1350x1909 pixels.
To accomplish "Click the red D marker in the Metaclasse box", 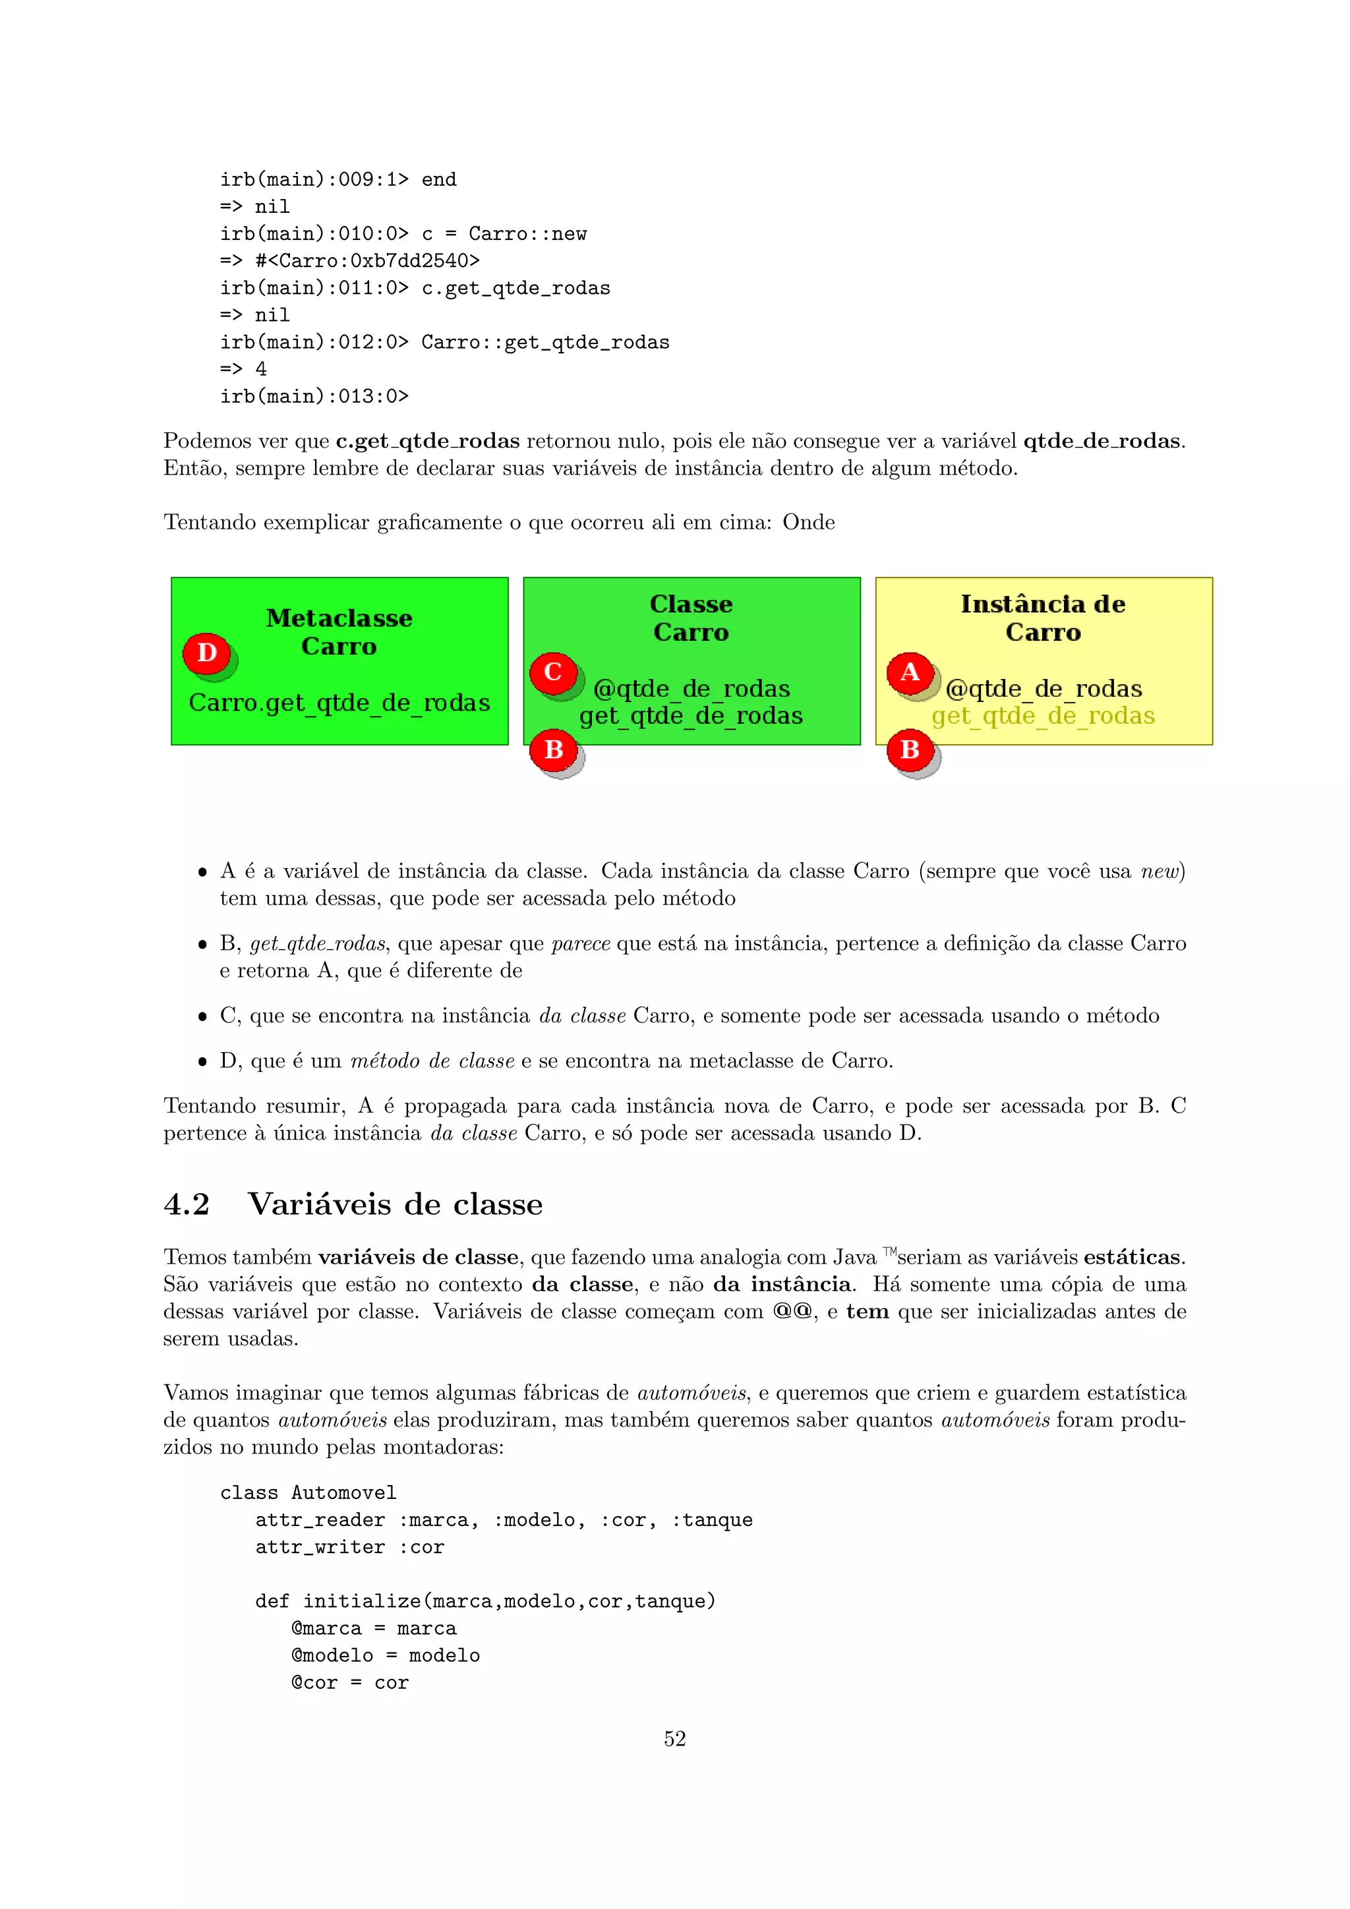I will pyautogui.click(x=207, y=653).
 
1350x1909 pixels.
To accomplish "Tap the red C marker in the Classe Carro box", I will pyautogui.click(x=553, y=672).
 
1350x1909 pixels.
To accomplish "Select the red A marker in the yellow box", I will pyautogui.click(x=910, y=672).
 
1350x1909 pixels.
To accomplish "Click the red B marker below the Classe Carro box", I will pyautogui.click(x=554, y=750).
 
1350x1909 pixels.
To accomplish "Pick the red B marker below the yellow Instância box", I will pyautogui.click(x=910, y=750).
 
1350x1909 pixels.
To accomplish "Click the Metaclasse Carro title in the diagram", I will pyautogui.click(x=339, y=632).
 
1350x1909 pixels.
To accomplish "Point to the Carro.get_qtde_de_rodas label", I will pyautogui.click(x=339, y=703).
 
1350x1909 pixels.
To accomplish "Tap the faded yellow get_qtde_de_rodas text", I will pyautogui.click(x=1043, y=716).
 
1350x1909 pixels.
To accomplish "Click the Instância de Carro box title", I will pyautogui.click(x=1043, y=618).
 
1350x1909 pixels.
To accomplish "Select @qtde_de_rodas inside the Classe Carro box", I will pyautogui.click(x=691, y=688).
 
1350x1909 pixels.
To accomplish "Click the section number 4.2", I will pyautogui.click(x=187, y=1204).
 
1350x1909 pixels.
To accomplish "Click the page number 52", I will pyautogui.click(x=675, y=1738).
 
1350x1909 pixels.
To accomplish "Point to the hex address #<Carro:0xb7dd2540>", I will pyautogui.click(x=367, y=261).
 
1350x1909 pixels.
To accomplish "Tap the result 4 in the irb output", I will pyautogui.click(x=261, y=369).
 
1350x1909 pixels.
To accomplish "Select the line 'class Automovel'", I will pyautogui.click(x=308, y=1493).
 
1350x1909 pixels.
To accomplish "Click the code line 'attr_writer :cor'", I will pyautogui.click(x=350, y=1547).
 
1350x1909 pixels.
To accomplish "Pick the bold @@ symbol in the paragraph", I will pyautogui.click(x=793, y=1311).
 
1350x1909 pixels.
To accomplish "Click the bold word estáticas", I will pyautogui.click(x=1132, y=1257).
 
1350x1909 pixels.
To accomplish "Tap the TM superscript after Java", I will pyautogui.click(x=889, y=1251).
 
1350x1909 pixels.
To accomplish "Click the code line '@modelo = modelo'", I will pyautogui.click(x=386, y=1655).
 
